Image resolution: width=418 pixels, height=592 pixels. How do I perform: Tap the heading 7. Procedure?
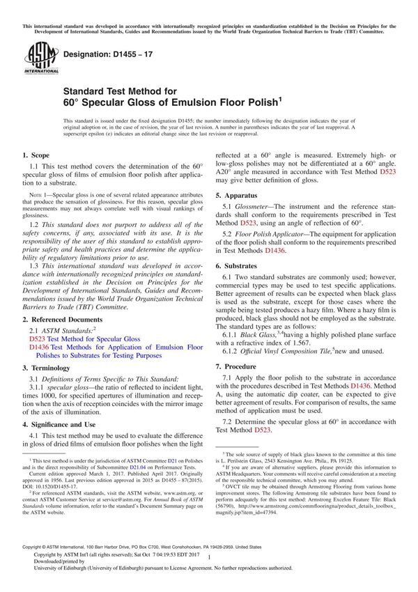(x=240, y=366)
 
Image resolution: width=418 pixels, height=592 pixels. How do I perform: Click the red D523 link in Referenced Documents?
(x=39, y=338)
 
